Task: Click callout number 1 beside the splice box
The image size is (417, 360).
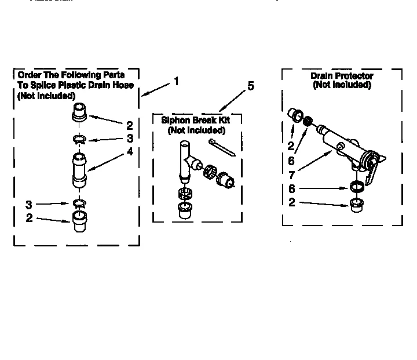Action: click(176, 82)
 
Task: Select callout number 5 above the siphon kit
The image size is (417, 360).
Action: click(250, 86)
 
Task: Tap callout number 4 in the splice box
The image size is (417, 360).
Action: click(130, 151)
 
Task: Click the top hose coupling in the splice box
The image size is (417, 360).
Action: click(80, 111)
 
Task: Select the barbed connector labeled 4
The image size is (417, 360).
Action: click(79, 169)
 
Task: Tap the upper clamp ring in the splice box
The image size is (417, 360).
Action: click(79, 139)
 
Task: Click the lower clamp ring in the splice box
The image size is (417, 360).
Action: click(79, 202)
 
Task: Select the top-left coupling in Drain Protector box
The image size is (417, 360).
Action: click(295, 114)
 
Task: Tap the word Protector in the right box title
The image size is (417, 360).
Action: click(354, 76)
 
